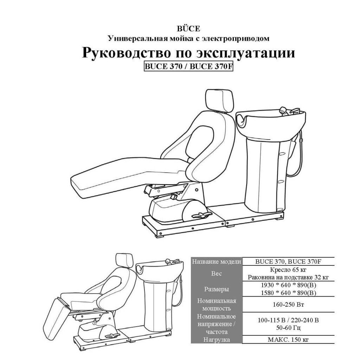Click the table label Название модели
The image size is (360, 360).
tap(217, 262)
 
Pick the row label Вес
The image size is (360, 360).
tap(217, 274)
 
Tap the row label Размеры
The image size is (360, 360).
tap(217, 289)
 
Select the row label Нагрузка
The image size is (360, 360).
tap(217, 340)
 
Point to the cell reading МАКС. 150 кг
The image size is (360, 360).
tap(288, 340)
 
